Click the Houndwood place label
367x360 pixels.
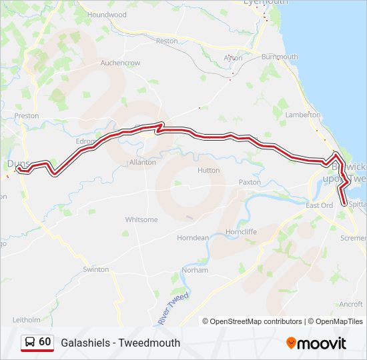[x=107, y=14]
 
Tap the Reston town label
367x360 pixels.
[x=167, y=41]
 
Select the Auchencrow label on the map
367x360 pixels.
[x=120, y=63]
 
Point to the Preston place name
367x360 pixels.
[x=27, y=115]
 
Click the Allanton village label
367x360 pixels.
[x=142, y=162]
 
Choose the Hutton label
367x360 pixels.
[x=208, y=171]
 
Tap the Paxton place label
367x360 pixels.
[x=250, y=182]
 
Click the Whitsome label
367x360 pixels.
[x=141, y=219]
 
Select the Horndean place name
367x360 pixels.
[x=192, y=238]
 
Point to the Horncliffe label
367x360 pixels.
[x=242, y=231]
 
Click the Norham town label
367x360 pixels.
[x=196, y=270]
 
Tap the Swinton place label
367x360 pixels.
[x=95, y=269]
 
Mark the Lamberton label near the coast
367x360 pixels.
[x=303, y=115]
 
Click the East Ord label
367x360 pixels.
[x=319, y=205]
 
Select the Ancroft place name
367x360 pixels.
[x=350, y=304]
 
